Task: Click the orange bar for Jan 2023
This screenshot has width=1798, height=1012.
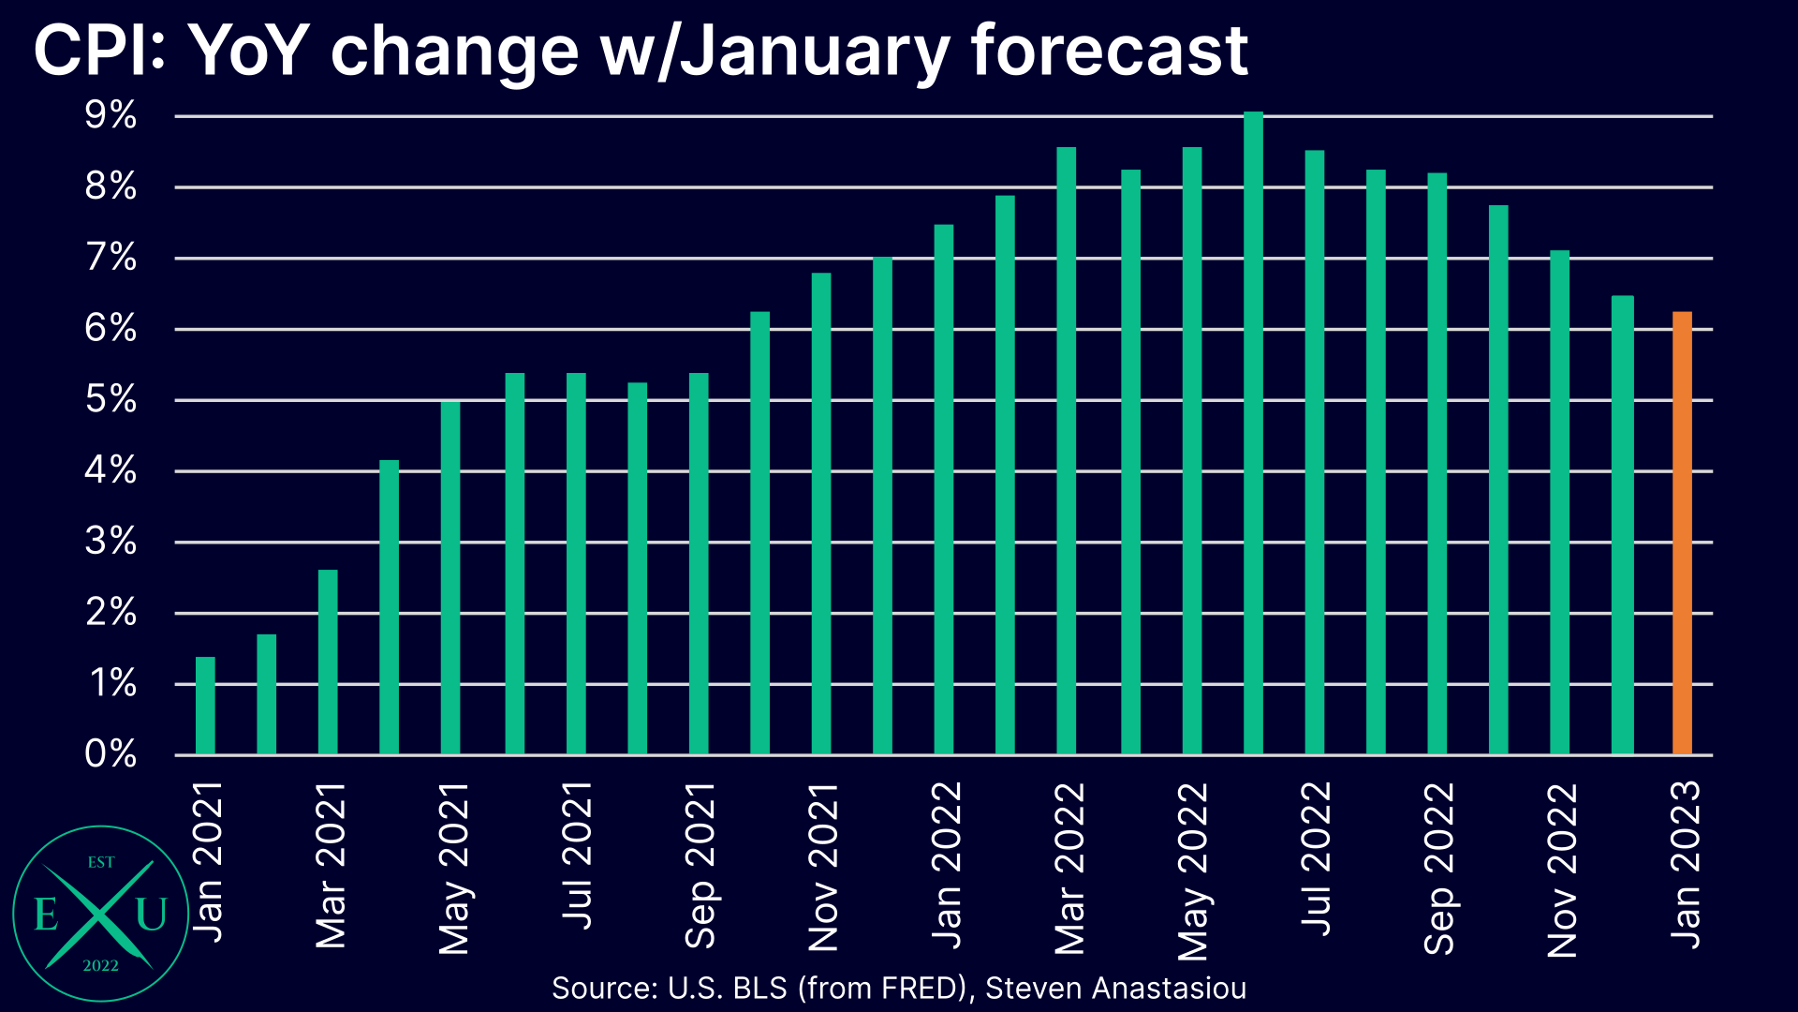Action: [x=1682, y=534]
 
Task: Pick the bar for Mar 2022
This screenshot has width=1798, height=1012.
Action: [x=1066, y=451]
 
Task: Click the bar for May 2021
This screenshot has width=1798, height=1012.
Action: [x=450, y=577]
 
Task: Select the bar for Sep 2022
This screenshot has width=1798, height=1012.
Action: [x=1437, y=464]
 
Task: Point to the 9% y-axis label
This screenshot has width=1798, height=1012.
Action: [x=111, y=116]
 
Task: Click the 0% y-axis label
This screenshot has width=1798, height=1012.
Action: [x=111, y=754]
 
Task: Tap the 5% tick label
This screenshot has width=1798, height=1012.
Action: [x=111, y=400]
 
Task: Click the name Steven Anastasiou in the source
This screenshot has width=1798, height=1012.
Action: [x=1115, y=988]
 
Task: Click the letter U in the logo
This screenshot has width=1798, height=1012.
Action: [x=151, y=915]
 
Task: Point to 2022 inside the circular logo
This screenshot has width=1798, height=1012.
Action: [x=100, y=966]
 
